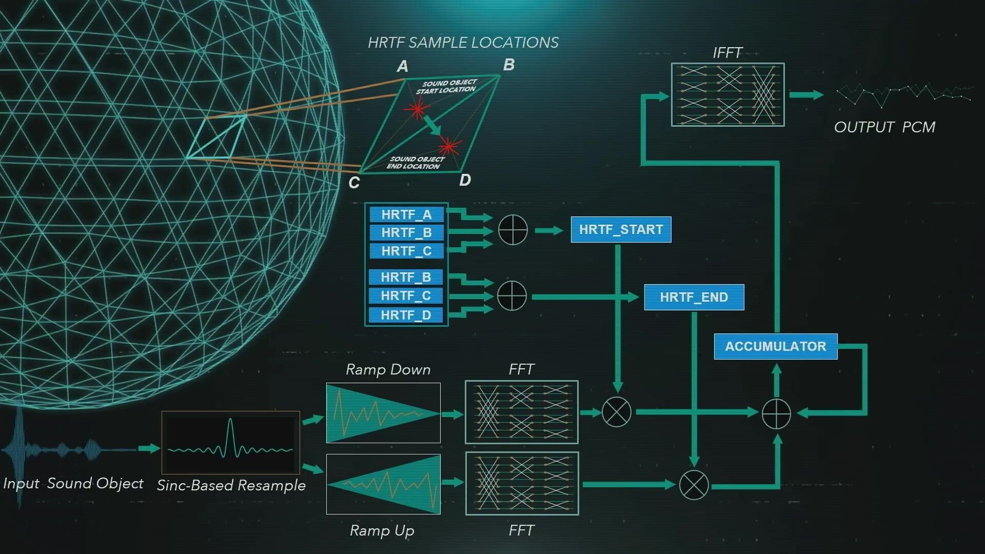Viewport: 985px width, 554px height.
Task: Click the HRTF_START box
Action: pos(621,229)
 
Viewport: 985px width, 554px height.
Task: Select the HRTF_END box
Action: pos(694,297)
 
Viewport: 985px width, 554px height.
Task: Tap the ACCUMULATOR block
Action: pos(775,346)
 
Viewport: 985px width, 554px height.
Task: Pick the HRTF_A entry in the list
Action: pos(406,214)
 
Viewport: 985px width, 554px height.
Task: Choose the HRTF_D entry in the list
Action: pos(405,315)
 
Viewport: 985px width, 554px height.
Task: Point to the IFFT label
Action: pos(727,53)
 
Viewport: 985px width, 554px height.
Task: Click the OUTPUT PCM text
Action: pos(884,127)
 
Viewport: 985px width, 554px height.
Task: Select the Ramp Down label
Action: pos(388,369)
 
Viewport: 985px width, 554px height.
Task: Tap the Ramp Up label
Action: pos(382,530)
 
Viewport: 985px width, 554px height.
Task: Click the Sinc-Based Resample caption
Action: pos(231,485)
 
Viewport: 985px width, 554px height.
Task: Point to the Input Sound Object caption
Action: pos(73,483)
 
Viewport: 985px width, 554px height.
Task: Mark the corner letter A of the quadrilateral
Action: pos(403,66)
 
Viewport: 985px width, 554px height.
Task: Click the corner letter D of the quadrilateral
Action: pos(465,180)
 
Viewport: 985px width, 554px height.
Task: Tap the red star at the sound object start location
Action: pos(417,109)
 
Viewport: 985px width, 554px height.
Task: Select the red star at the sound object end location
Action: pos(449,147)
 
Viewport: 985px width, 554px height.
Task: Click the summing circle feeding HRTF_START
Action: pos(513,230)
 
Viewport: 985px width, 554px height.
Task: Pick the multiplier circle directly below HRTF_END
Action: pos(694,485)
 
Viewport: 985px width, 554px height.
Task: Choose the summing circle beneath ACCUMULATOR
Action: pos(776,413)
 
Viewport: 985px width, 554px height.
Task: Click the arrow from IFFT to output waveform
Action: pos(806,95)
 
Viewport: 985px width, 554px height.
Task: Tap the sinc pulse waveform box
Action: pos(231,442)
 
